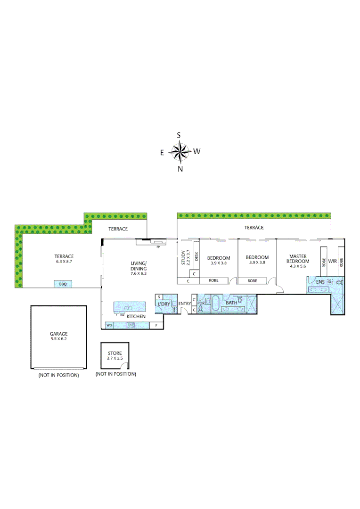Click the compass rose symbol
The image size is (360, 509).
(x=179, y=152)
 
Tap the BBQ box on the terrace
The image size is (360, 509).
(x=63, y=284)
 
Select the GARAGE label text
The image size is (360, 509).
(x=58, y=334)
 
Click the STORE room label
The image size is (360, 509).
(x=115, y=353)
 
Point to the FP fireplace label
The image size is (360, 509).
(x=158, y=246)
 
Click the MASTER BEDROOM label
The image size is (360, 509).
(x=299, y=259)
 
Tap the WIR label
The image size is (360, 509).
(x=332, y=261)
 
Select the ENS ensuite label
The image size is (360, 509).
(x=320, y=282)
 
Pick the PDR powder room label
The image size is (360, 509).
(x=201, y=303)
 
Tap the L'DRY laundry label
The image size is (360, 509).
(x=164, y=304)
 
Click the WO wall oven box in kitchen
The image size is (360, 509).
(x=109, y=325)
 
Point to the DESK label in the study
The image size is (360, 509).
(x=196, y=256)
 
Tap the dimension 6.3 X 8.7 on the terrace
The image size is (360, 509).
(x=64, y=262)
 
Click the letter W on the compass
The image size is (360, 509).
(x=197, y=151)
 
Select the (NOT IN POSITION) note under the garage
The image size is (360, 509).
(x=58, y=375)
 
